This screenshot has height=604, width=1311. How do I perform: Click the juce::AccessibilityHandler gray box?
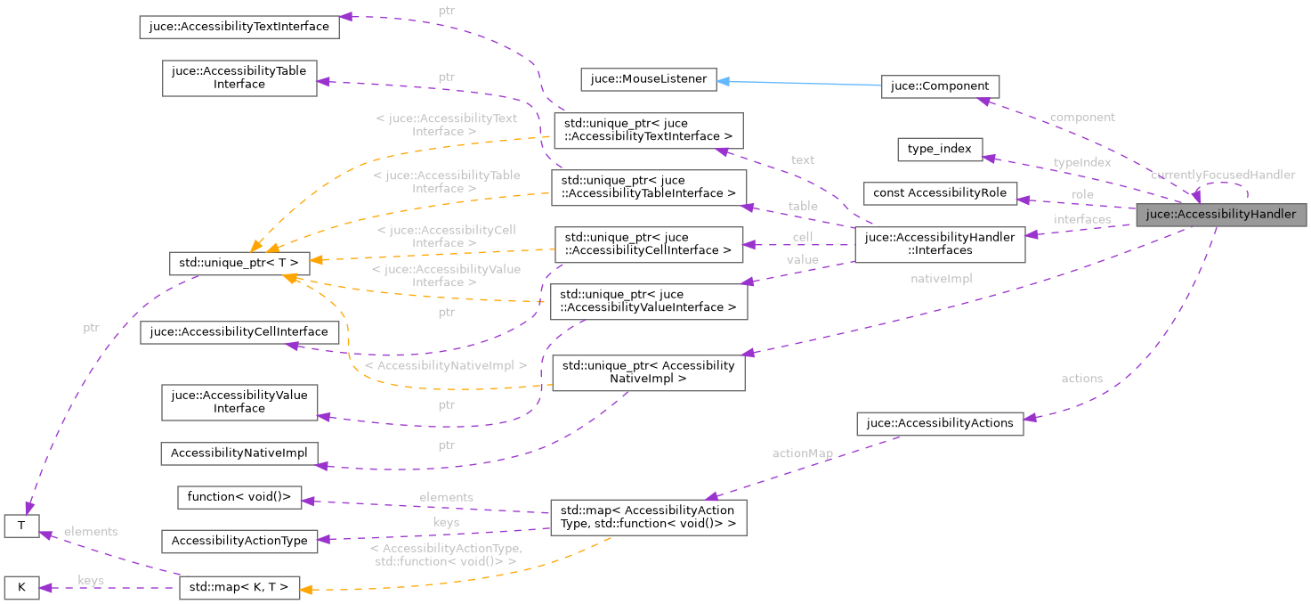click(1219, 214)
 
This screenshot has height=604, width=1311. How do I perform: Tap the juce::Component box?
click(939, 86)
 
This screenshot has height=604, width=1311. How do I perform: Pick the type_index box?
click(940, 149)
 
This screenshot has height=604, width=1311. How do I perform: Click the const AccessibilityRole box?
click(940, 193)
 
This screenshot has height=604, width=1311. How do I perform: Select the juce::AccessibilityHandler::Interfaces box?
click(939, 244)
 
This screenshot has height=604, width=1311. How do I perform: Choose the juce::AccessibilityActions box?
click(939, 423)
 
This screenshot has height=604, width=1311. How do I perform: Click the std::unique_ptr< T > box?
click(239, 263)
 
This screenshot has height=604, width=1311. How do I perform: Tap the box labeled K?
click(21, 588)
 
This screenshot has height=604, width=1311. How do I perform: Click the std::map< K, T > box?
click(239, 588)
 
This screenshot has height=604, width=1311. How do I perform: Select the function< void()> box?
click(239, 496)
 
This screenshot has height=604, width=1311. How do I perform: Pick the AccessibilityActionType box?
click(239, 541)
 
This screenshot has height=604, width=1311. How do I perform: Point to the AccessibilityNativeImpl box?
click(239, 453)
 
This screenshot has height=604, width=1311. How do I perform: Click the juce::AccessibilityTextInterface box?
click(239, 27)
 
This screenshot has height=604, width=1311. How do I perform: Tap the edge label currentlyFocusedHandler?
click(1222, 175)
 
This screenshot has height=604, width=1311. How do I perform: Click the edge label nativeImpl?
click(941, 279)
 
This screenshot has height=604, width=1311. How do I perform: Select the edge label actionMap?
click(802, 453)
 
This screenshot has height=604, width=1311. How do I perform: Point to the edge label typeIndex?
click(1081, 163)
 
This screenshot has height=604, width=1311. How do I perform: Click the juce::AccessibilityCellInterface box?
click(239, 332)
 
